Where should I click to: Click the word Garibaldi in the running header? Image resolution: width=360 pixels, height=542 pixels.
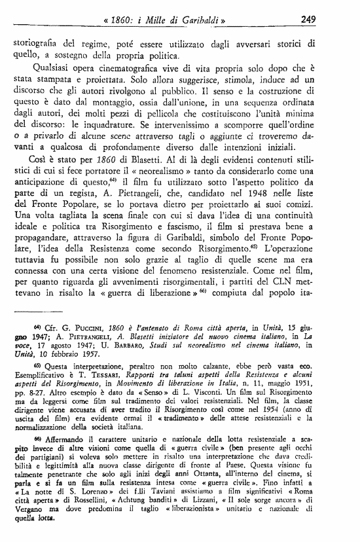pos(198,20)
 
